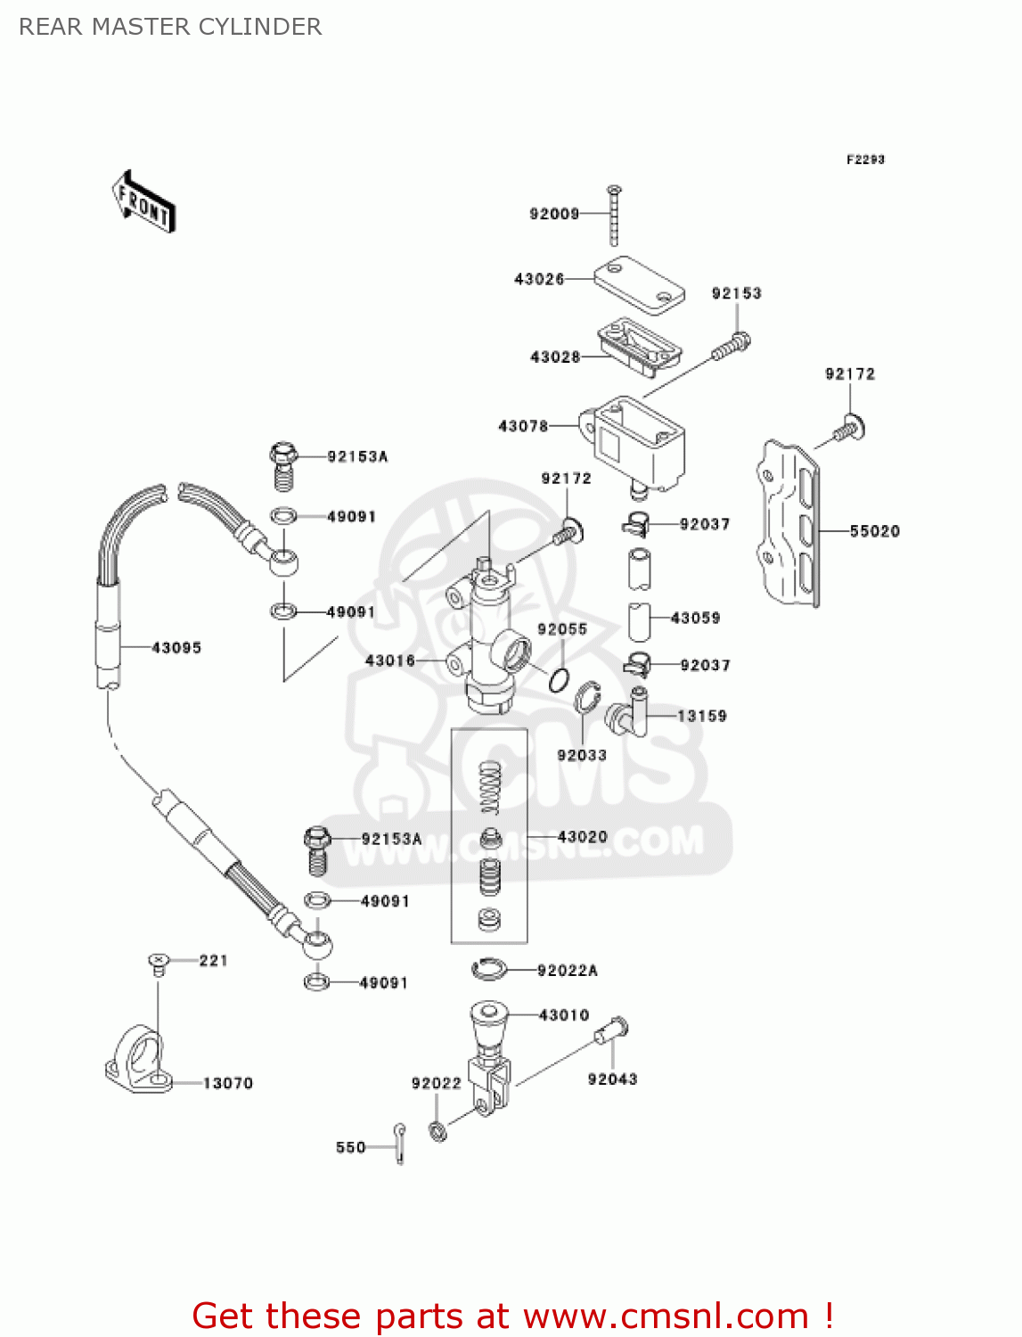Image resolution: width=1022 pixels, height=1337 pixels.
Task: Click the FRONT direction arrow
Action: (143, 202)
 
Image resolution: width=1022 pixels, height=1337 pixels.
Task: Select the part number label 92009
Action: (554, 214)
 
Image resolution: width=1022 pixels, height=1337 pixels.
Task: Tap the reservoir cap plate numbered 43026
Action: (639, 284)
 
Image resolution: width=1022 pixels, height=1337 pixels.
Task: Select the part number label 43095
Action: (176, 648)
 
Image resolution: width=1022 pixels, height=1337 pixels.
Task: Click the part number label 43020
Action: (583, 837)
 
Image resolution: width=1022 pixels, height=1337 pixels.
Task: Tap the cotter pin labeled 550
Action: (400, 1142)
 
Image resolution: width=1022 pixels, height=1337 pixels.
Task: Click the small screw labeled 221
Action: (158, 963)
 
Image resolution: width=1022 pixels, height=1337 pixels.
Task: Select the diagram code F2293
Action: (865, 160)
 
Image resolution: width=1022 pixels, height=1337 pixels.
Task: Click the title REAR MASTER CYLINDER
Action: (170, 27)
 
